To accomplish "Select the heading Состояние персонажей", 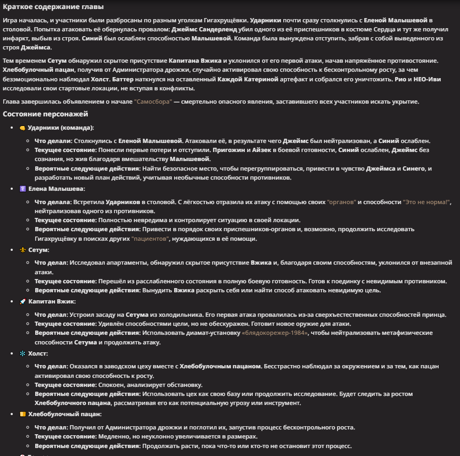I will (x=45, y=114).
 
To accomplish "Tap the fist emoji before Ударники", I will (x=22, y=128).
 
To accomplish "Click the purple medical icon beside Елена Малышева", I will (x=22, y=189).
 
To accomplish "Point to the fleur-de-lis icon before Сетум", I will (x=22, y=250).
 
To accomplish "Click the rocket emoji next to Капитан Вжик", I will (x=22, y=301).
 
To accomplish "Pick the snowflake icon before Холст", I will (x=22, y=353).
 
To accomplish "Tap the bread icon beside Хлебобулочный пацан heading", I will (x=22, y=414).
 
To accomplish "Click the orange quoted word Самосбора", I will (x=153, y=102).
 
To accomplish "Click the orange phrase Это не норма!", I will (x=426, y=202).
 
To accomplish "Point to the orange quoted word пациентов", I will (x=151, y=239).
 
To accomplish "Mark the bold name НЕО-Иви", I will (x=408, y=79).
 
